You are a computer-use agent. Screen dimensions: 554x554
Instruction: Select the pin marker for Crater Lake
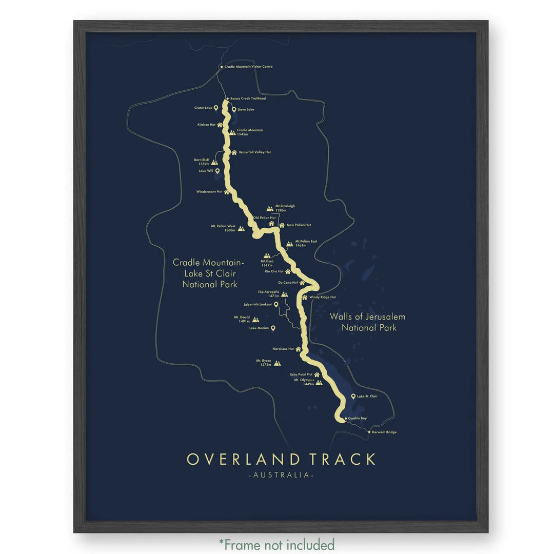(216, 108)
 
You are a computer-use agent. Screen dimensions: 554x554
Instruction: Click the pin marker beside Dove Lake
(234, 109)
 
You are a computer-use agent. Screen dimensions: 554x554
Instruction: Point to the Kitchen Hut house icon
(220, 125)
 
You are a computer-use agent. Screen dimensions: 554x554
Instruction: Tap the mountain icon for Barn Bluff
(214, 162)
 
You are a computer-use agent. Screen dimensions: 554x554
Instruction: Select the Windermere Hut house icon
(226, 192)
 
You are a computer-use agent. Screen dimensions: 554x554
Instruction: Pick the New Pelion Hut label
(299, 225)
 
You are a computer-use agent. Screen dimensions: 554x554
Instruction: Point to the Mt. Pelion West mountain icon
(241, 228)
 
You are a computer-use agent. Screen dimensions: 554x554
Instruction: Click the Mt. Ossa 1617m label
(267, 263)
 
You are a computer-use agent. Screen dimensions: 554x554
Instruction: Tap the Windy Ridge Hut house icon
(304, 297)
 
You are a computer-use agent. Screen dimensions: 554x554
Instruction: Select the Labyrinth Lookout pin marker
(276, 304)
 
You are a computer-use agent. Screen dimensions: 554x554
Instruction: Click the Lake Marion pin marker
(273, 328)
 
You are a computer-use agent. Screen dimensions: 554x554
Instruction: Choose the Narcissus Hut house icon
(298, 349)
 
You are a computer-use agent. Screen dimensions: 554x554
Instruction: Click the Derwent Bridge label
(384, 432)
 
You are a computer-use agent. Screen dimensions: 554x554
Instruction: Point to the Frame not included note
(277, 544)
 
